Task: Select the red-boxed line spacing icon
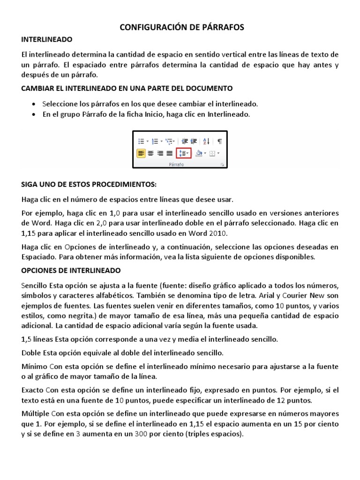[x=183, y=153]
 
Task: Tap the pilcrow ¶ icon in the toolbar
[x=219, y=141]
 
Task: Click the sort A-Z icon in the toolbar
[x=207, y=141]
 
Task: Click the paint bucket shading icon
[x=199, y=153]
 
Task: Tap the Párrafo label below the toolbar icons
[x=176, y=165]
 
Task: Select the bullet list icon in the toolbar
[x=141, y=141]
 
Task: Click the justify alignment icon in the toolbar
[x=169, y=153]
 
